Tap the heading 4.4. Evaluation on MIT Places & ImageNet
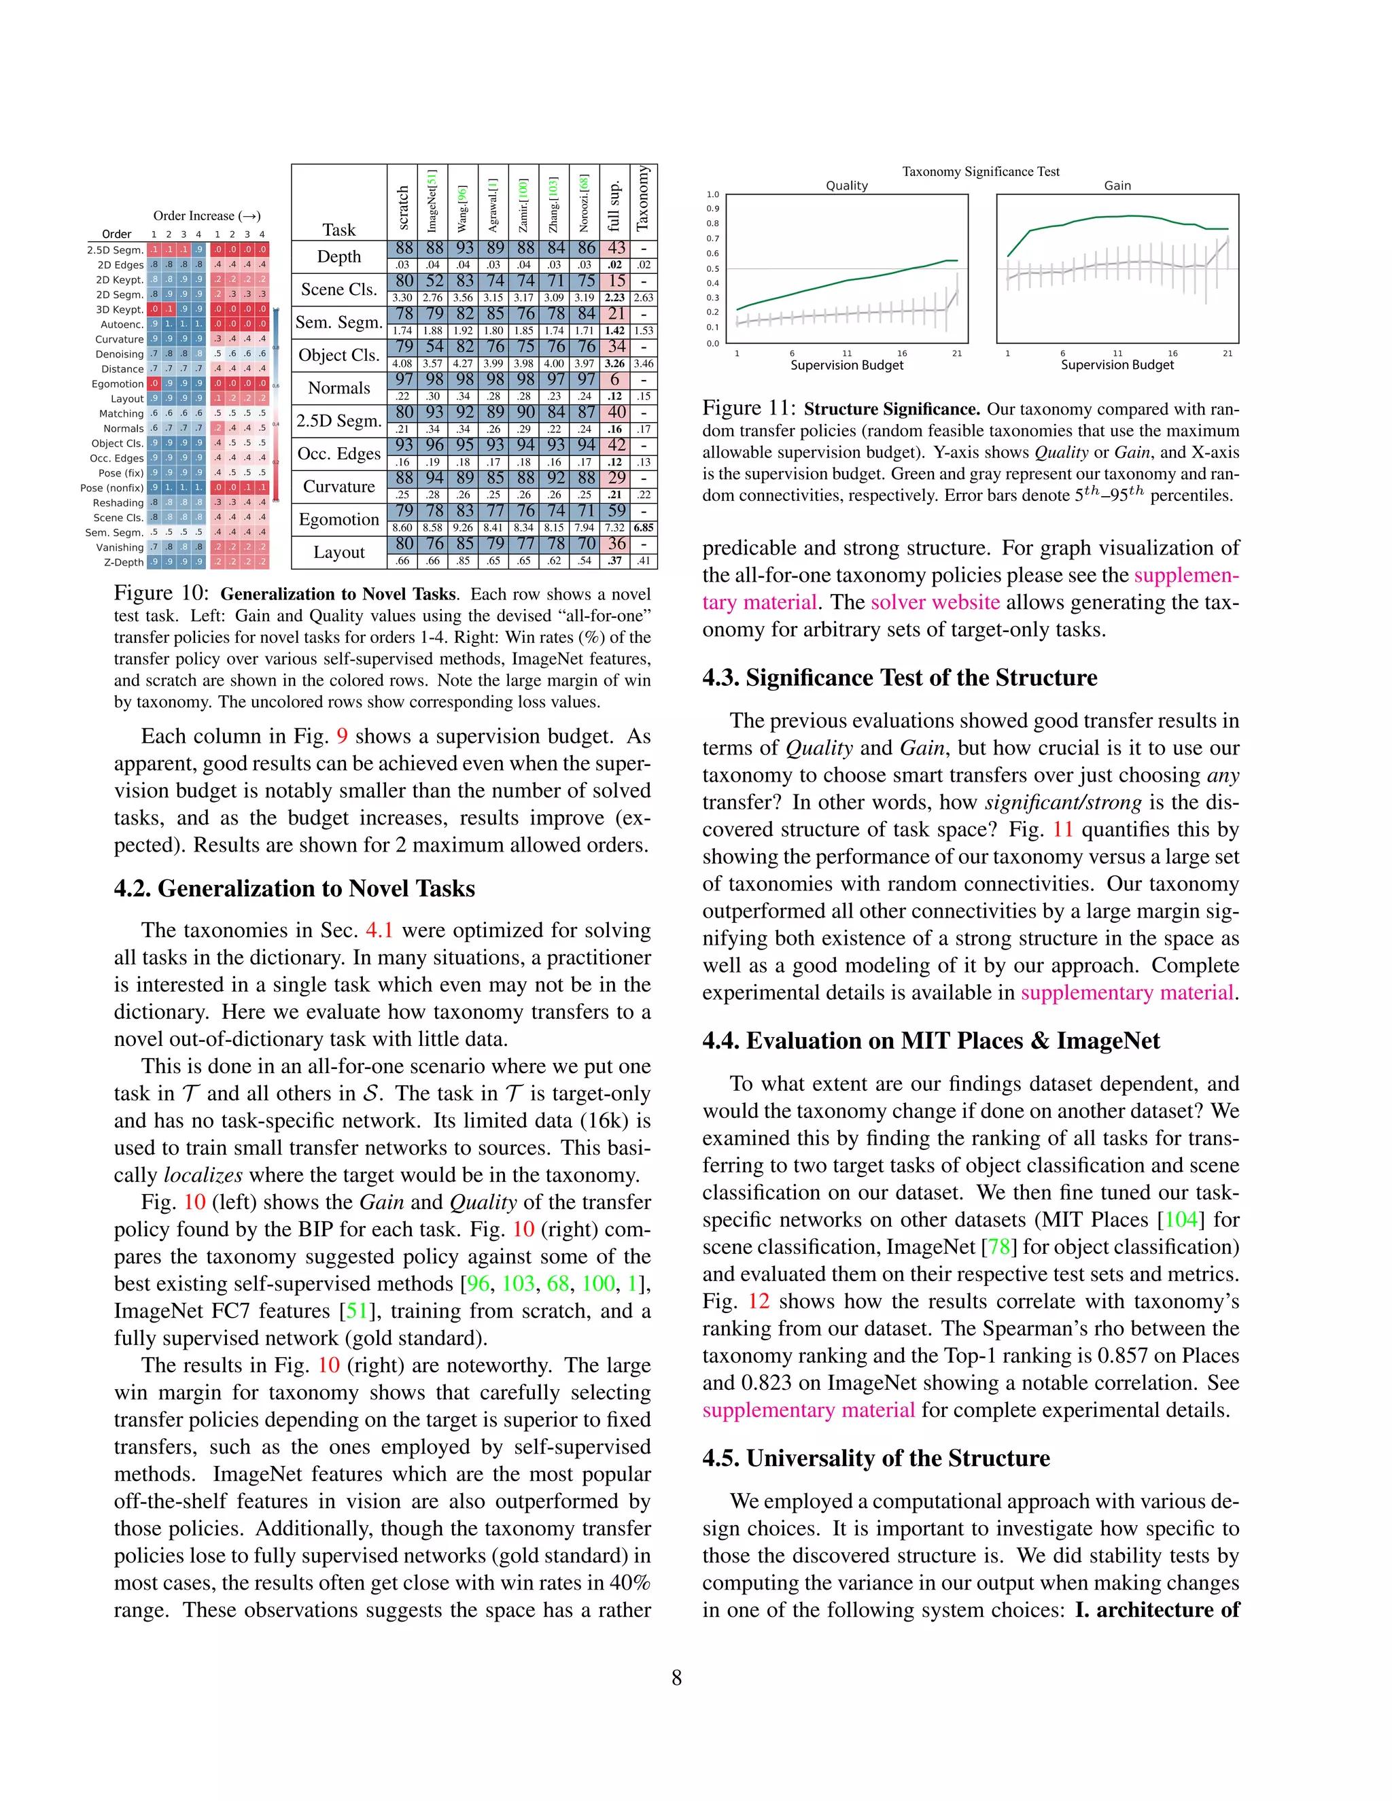[x=931, y=1041]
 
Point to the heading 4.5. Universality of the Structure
[x=875, y=1458]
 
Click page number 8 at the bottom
[x=676, y=1677]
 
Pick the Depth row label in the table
[x=339, y=256]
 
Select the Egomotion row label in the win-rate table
[x=339, y=519]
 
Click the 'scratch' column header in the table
[x=403, y=208]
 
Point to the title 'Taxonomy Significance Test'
[x=981, y=171]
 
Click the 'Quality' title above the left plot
[x=847, y=186]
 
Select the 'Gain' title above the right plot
[x=1117, y=186]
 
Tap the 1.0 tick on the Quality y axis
[x=712, y=194]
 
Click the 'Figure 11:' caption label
[x=749, y=408]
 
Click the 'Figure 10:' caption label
[x=162, y=594]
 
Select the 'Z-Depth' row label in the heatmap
[x=124, y=563]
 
